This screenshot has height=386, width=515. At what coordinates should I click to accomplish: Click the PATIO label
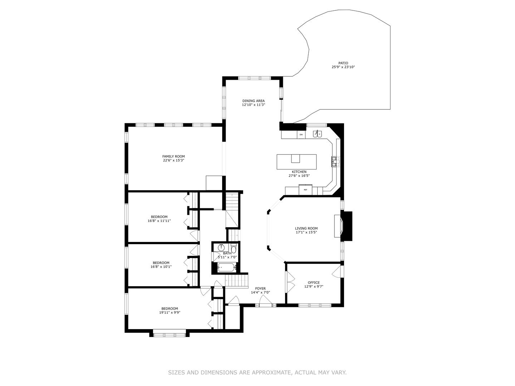point(343,63)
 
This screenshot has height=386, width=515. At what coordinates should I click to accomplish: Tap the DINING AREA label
point(253,101)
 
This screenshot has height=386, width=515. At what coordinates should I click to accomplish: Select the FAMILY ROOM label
point(173,157)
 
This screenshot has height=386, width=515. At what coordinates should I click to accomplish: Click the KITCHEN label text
point(299,172)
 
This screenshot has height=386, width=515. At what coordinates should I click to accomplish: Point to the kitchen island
point(296,162)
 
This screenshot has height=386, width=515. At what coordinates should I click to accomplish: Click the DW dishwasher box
point(301,135)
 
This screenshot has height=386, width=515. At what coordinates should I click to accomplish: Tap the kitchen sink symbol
point(317,134)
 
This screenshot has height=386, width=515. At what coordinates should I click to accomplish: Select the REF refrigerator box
point(305,190)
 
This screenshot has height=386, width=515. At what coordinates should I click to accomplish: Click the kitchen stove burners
point(335,162)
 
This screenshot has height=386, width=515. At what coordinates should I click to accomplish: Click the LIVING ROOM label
point(306,228)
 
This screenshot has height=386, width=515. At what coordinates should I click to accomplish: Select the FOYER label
point(260,288)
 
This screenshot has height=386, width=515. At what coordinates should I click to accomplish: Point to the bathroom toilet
point(234,249)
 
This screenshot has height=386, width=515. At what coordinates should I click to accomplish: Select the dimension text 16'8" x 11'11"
point(159,221)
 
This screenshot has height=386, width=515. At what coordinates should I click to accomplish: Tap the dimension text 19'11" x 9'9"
point(170,312)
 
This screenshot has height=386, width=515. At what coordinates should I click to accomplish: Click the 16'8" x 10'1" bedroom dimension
point(161,267)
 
